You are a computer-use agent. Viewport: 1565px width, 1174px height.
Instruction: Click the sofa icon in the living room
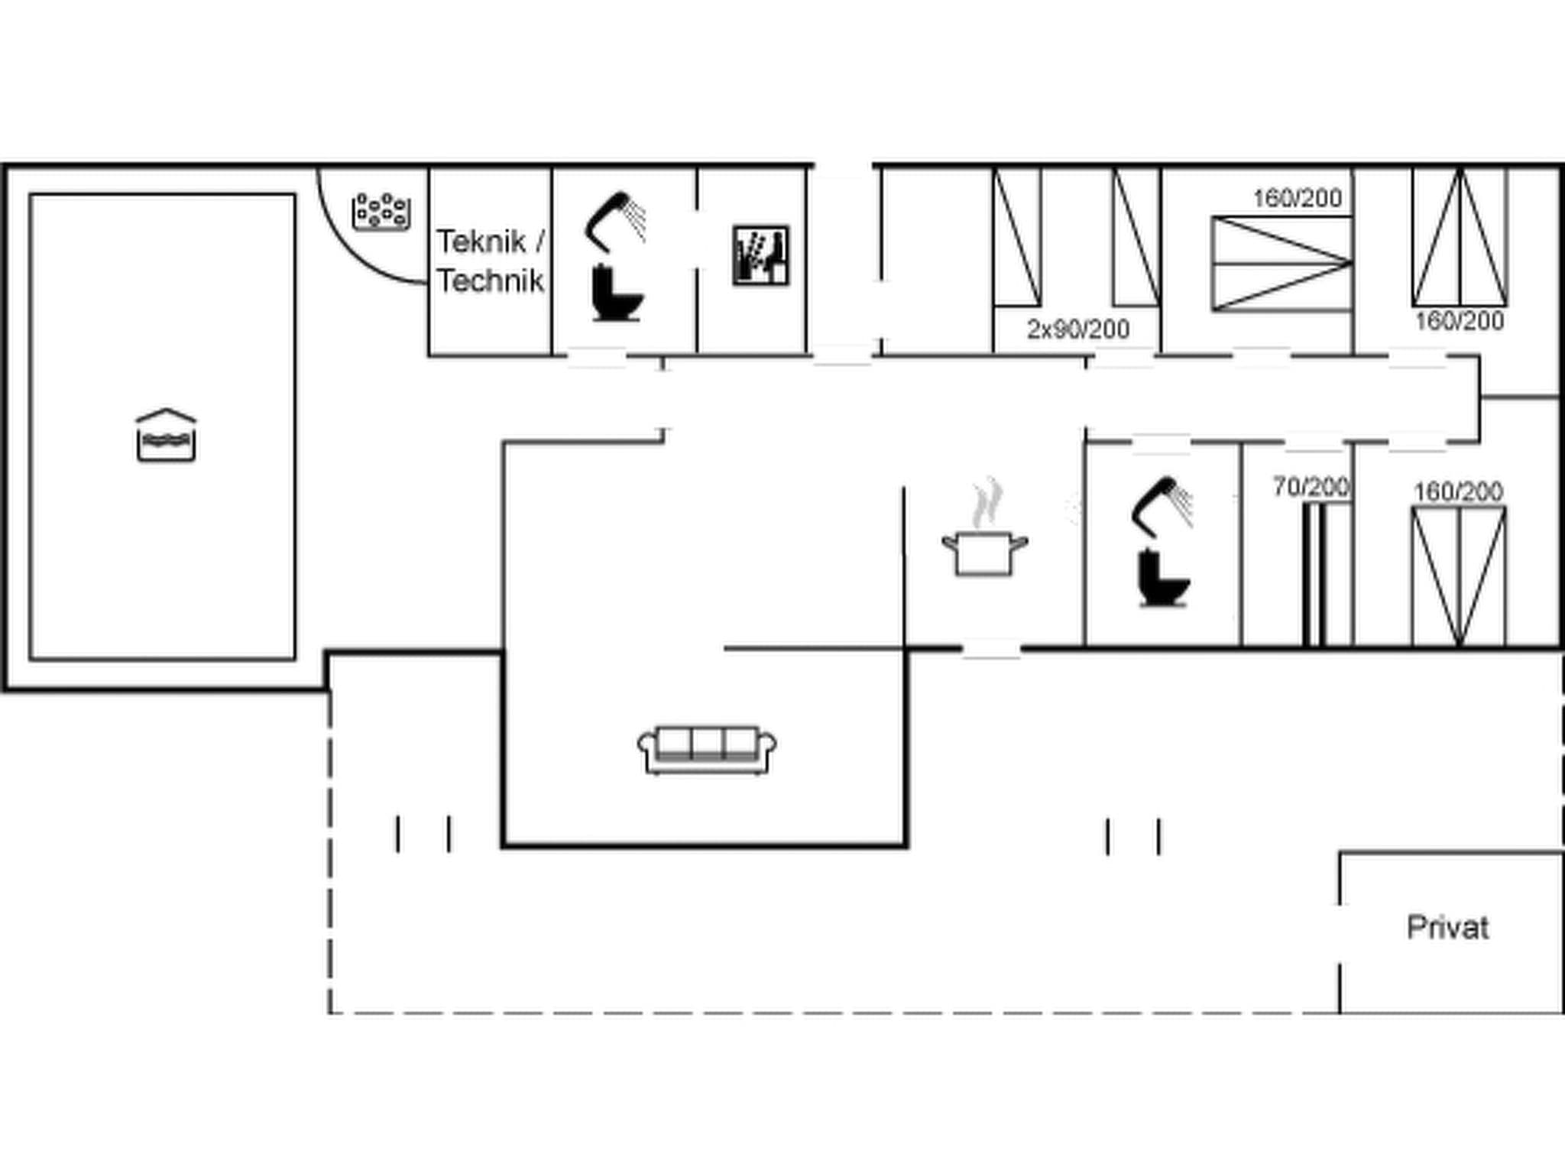point(707,750)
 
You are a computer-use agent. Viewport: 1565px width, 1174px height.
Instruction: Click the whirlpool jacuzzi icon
point(381,211)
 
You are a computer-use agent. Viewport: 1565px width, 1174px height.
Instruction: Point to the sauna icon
point(760,255)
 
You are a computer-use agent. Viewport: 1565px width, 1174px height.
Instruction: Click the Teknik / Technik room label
point(491,261)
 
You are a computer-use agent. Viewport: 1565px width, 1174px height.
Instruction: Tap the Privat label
point(1447,927)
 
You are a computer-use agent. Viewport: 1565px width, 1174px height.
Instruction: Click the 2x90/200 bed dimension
point(1077,329)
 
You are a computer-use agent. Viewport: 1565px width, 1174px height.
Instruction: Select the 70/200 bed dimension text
point(1310,486)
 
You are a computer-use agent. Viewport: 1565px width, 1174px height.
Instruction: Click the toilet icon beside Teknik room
point(617,293)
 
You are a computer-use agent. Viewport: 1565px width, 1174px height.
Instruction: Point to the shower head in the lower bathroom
point(1162,505)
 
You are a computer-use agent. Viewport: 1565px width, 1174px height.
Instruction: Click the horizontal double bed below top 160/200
point(1281,264)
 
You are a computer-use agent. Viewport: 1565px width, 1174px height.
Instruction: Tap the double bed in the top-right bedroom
point(1460,237)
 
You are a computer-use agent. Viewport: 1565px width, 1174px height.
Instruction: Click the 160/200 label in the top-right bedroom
point(1459,320)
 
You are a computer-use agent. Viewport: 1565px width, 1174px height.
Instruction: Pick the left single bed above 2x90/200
point(1017,237)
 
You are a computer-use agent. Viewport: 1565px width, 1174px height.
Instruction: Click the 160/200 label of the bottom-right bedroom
point(1458,491)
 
